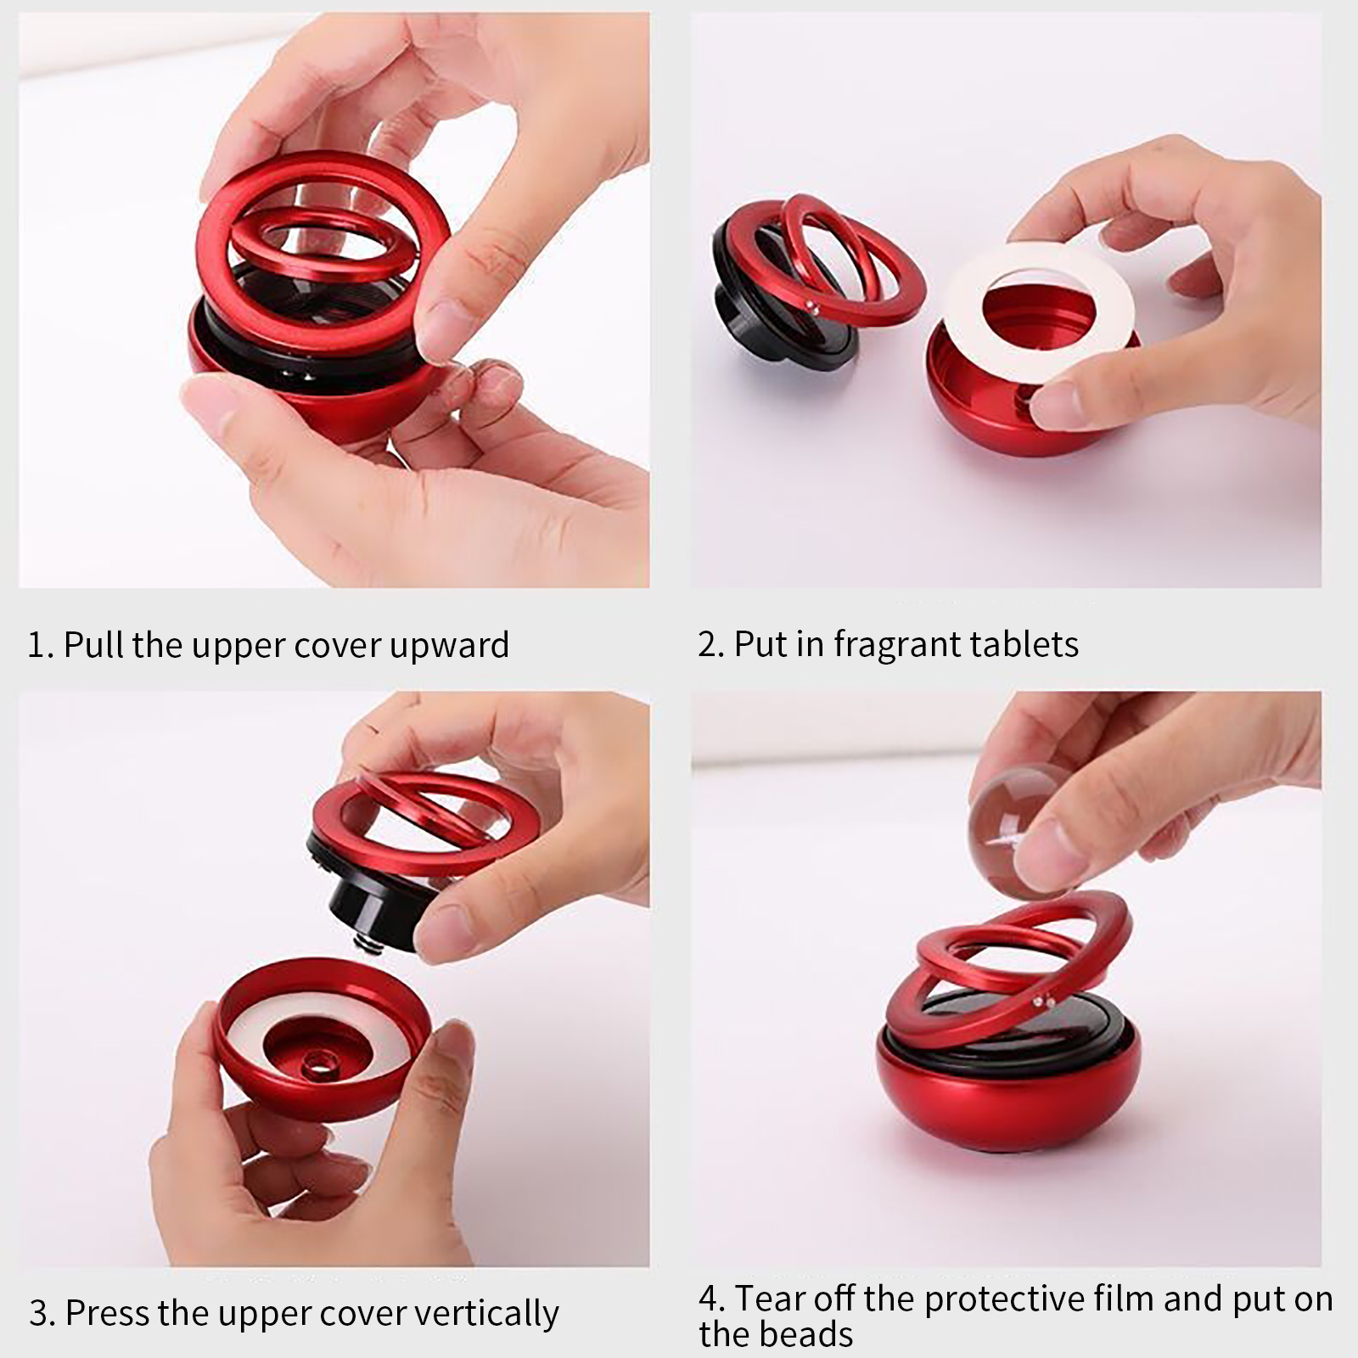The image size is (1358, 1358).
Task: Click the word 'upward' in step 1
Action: pyautogui.click(x=450, y=646)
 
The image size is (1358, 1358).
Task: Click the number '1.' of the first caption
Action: pyautogui.click(x=42, y=645)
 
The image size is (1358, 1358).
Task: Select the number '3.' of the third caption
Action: pyautogui.click(x=42, y=1314)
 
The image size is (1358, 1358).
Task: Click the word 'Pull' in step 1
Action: pyautogui.click(x=93, y=645)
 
